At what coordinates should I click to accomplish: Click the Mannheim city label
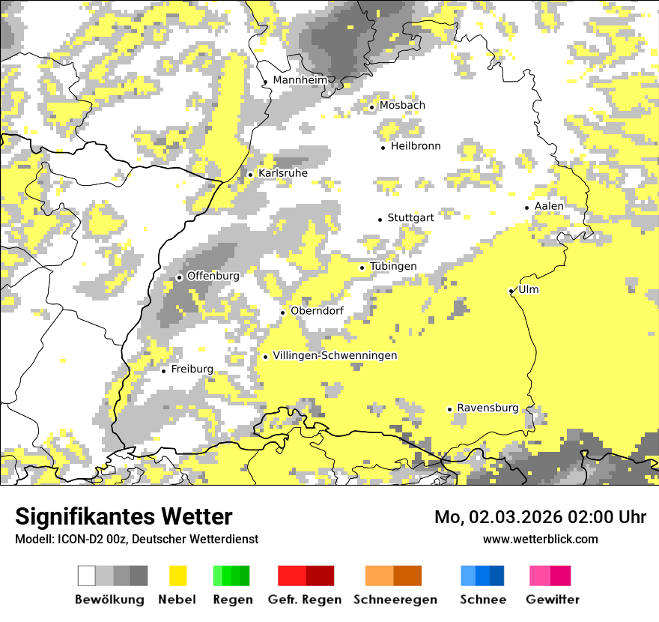click(300, 80)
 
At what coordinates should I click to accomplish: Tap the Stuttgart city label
click(410, 218)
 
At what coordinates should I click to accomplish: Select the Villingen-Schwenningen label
click(335, 356)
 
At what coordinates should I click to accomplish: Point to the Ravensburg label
click(488, 408)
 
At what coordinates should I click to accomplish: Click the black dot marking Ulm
click(511, 291)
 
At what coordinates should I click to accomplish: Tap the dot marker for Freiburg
click(163, 370)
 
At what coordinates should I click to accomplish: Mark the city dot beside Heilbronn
click(383, 148)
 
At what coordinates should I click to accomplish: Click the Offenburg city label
click(213, 277)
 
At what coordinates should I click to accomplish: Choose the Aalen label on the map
click(549, 206)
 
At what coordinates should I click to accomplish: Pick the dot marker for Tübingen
click(362, 268)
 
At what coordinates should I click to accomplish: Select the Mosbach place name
click(402, 106)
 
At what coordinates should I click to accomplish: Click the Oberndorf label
click(317, 311)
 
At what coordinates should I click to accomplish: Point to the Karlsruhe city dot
click(250, 175)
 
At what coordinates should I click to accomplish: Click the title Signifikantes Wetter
click(124, 517)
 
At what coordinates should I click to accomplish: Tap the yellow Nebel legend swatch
click(178, 576)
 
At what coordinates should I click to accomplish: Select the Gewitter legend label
click(553, 600)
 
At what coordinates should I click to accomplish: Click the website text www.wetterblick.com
click(541, 539)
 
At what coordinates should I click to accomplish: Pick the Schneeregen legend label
click(395, 600)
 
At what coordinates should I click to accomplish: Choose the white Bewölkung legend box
click(87, 576)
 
